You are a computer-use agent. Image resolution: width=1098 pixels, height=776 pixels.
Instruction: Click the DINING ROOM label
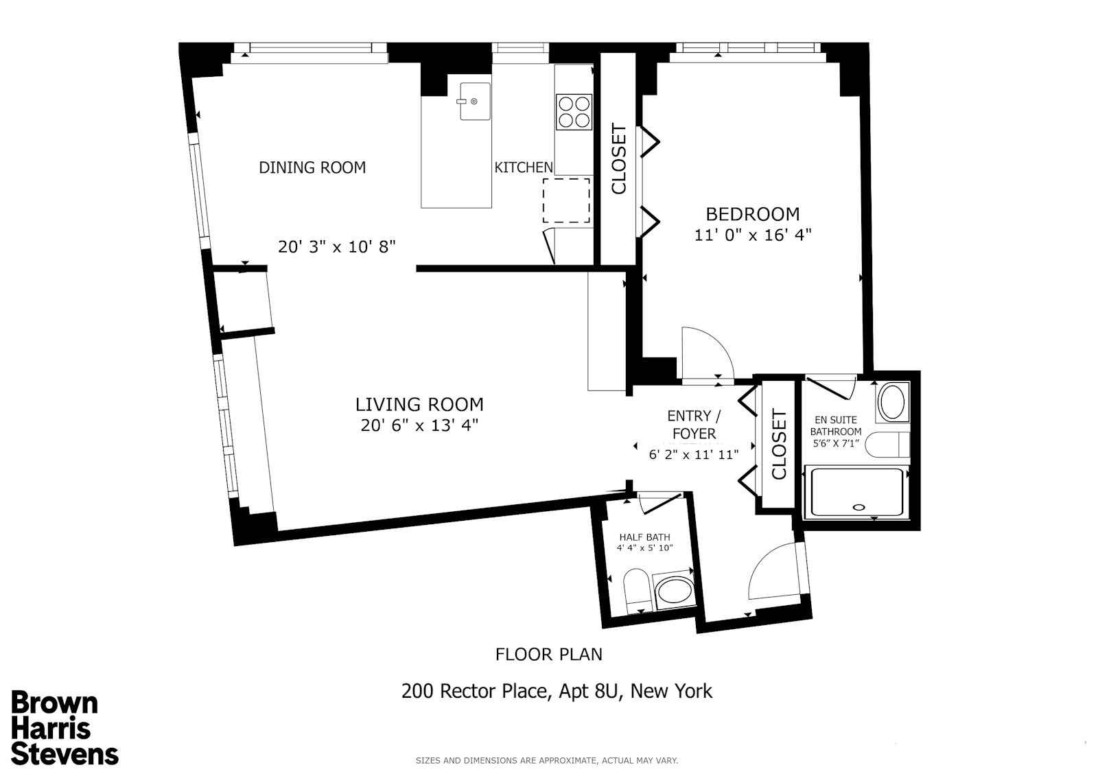pos(312,167)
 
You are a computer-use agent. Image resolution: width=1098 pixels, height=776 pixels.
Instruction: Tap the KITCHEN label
pos(524,167)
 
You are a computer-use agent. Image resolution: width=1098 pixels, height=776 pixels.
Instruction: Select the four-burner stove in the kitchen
pos(574,112)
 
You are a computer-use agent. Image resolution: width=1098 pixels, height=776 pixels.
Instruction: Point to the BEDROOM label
pos(753,214)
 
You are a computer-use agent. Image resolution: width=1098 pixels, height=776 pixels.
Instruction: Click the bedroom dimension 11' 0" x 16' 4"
pos(753,235)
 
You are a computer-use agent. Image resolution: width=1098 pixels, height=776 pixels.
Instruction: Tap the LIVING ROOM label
pos(419,404)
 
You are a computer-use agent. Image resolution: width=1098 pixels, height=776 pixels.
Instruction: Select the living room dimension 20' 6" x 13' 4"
pos(419,425)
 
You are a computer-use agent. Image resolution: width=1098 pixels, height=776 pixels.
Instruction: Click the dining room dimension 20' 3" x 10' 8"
pos(337,246)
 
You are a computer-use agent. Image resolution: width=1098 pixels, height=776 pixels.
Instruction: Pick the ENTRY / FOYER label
pos(694,425)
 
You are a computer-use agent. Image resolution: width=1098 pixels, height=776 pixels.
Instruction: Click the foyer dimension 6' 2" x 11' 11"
pos(694,454)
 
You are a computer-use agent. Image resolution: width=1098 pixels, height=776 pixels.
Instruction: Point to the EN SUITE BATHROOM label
pos(835,425)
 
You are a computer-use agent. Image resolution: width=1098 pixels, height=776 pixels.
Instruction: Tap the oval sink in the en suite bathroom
pos(892,403)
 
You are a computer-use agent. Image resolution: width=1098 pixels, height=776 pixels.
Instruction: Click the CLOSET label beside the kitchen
pos(618,158)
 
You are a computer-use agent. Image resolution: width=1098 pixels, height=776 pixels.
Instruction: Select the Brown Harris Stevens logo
pos(65,729)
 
